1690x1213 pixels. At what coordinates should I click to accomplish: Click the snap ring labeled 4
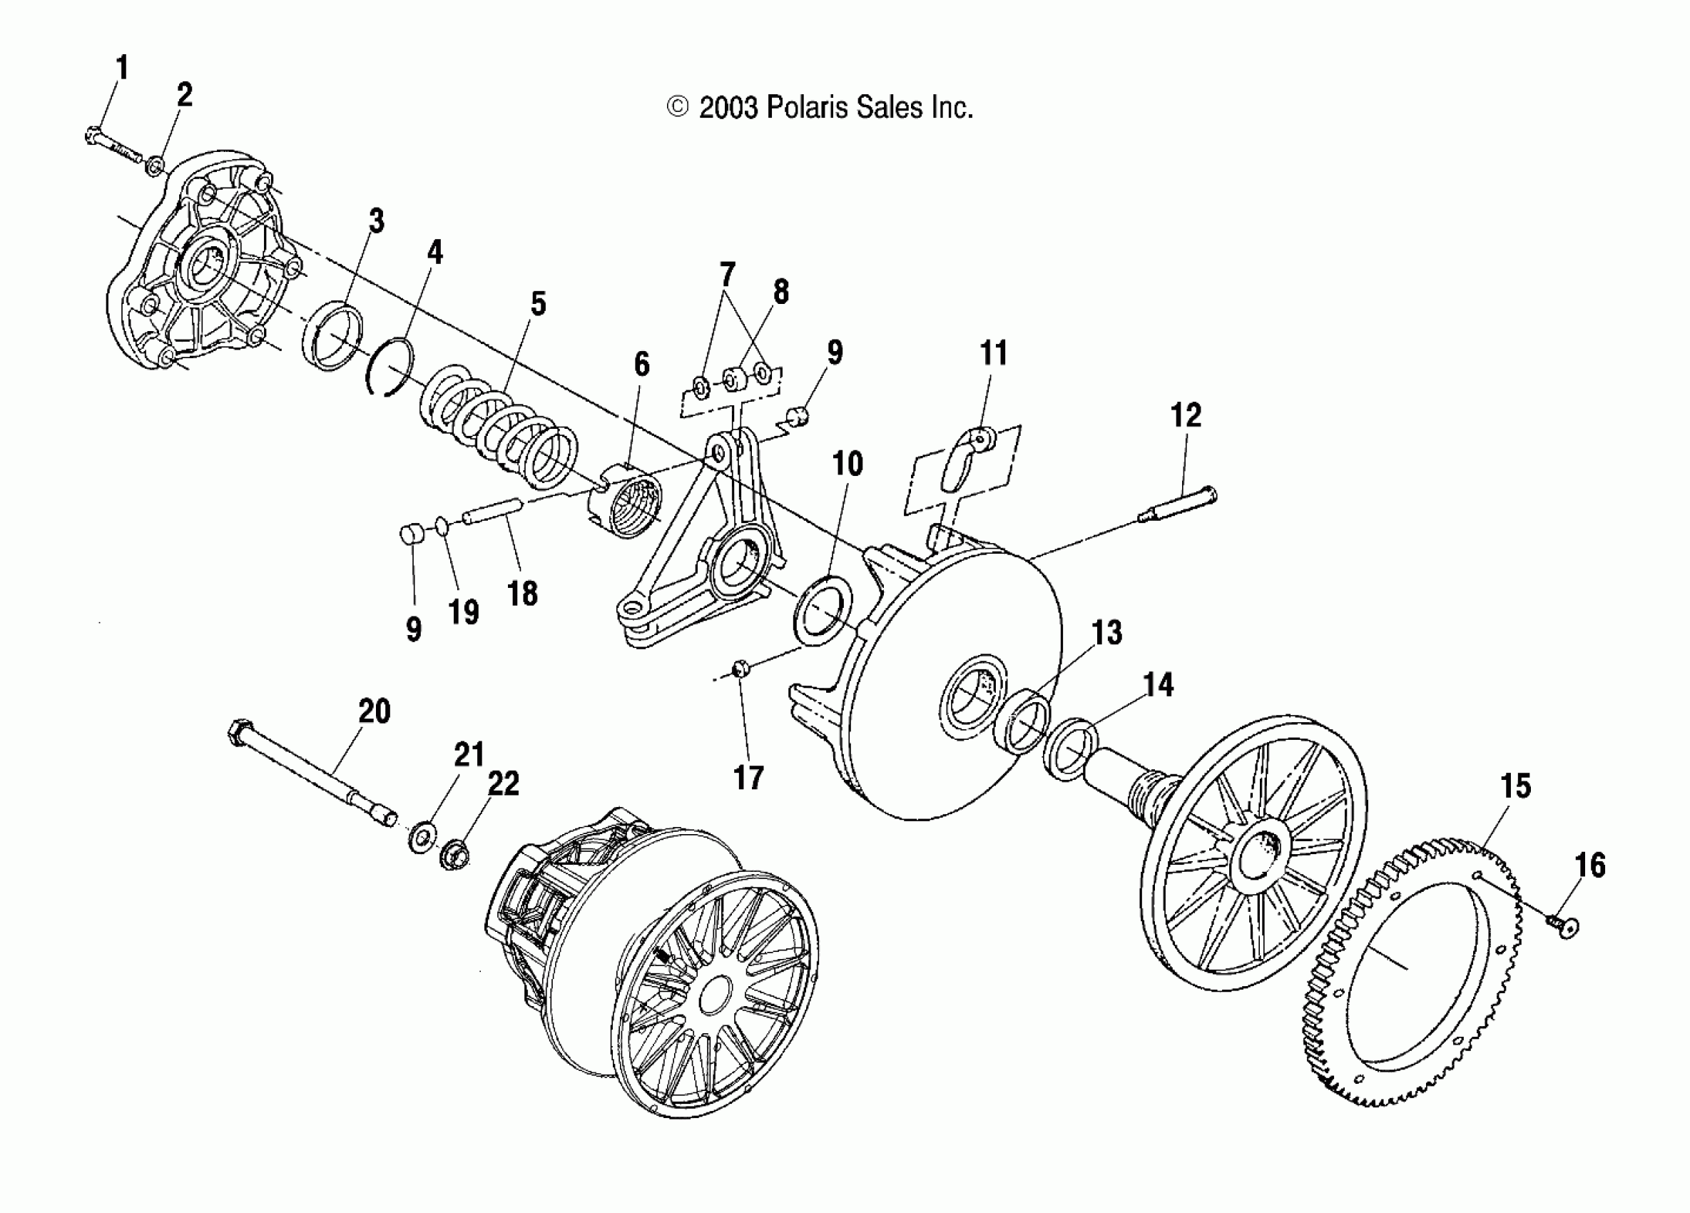point(390,367)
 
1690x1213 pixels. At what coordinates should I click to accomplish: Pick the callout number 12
point(1186,415)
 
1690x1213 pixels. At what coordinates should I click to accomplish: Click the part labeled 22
point(454,855)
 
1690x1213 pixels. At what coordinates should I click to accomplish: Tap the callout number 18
point(521,594)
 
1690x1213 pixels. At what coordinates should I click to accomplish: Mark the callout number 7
point(726,274)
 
